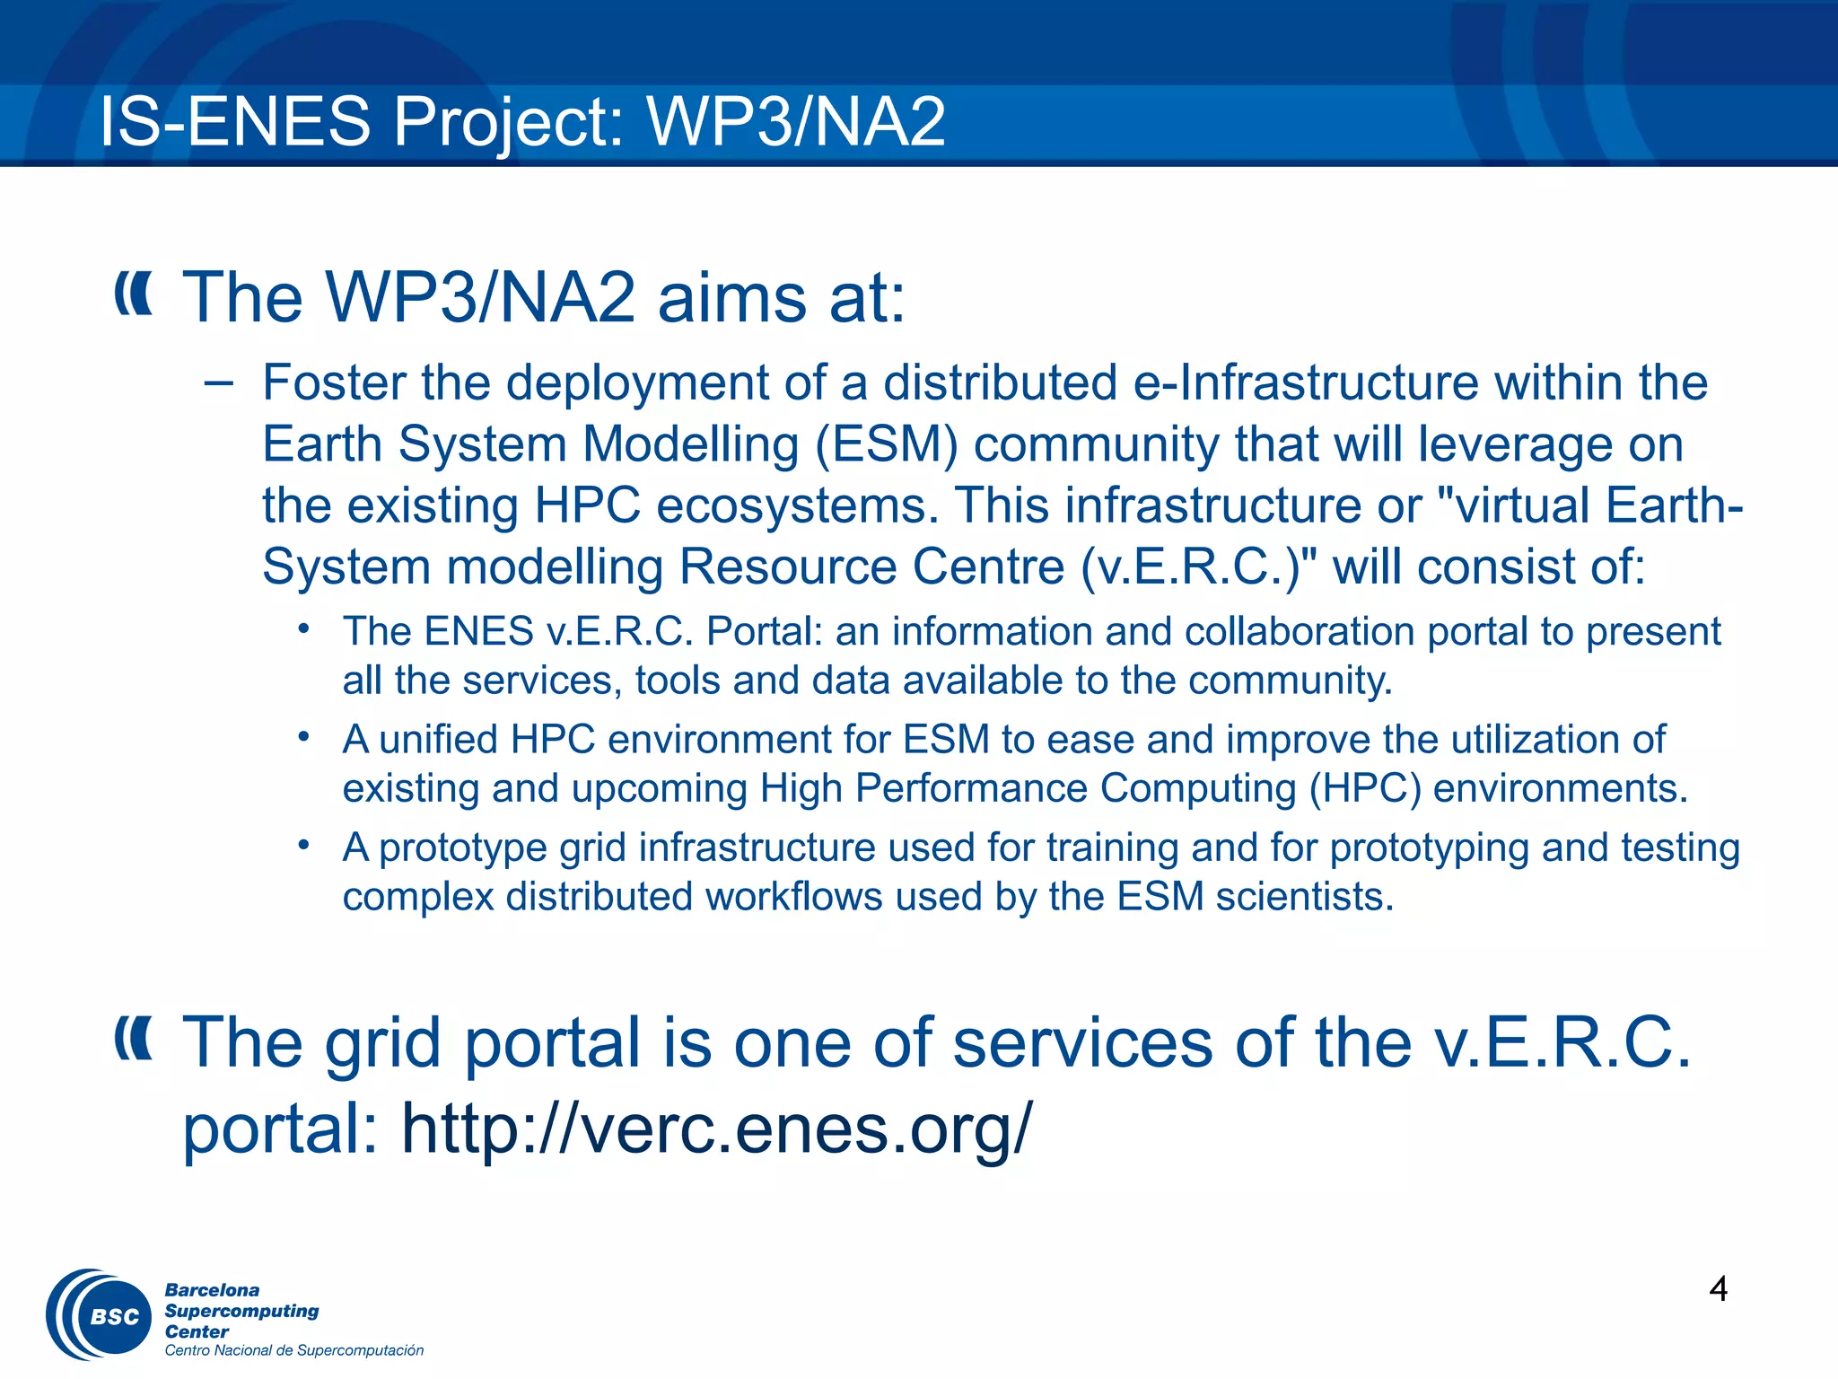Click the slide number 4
1718,1289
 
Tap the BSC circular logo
101,1315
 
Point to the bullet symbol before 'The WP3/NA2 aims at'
134,295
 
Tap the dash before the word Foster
218,384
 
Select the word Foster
334,382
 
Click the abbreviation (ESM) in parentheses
887,444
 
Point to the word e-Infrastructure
1306,382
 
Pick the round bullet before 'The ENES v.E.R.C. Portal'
304,629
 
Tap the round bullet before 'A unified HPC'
304,738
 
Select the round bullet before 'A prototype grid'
304,846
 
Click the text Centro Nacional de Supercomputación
293,1350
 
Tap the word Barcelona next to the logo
212,1290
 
